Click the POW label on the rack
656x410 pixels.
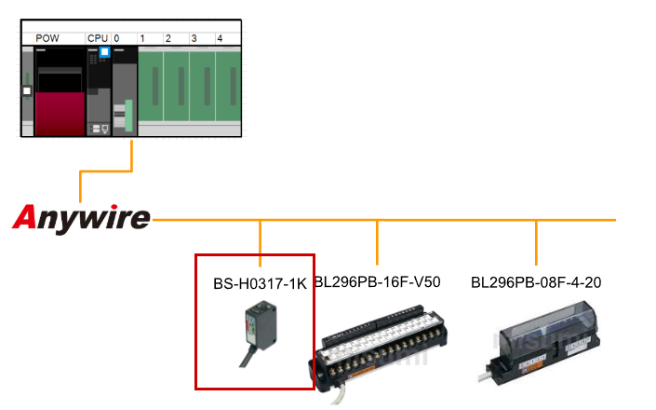pyautogui.click(x=47, y=38)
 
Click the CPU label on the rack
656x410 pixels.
pyautogui.click(x=97, y=38)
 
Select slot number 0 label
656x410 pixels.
pyautogui.click(x=116, y=38)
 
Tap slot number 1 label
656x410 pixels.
pyautogui.click(x=142, y=38)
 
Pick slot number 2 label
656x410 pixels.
pyautogui.click(x=167, y=38)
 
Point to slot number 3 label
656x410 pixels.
pyautogui.click(x=194, y=38)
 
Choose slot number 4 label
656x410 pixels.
pyautogui.click(x=220, y=38)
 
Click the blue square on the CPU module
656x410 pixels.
pyautogui.click(x=105, y=52)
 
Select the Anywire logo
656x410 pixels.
pyautogui.click(x=82, y=218)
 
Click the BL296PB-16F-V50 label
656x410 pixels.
pyautogui.click(x=377, y=281)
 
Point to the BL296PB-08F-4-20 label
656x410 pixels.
pyautogui.click(x=536, y=281)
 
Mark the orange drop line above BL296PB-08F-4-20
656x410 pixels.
pyautogui.click(x=536, y=241)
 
